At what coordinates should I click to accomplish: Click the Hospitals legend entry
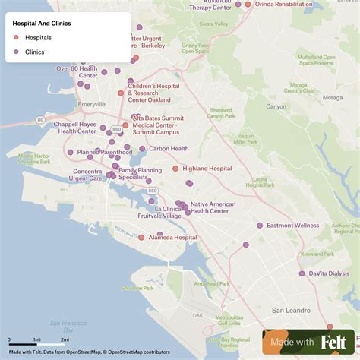pyautogui.click(x=38, y=37)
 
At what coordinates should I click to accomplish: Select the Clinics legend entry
pyautogui.click(x=34, y=52)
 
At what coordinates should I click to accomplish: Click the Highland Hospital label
pyautogui.click(x=207, y=169)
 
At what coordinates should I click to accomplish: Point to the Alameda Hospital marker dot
pyautogui.click(x=141, y=238)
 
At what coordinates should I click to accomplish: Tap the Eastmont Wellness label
pyautogui.click(x=293, y=226)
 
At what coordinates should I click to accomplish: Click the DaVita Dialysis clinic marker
pyautogui.click(x=302, y=273)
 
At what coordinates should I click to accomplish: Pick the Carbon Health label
pyautogui.click(x=169, y=149)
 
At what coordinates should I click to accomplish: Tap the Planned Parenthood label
pyautogui.click(x=105, y=152)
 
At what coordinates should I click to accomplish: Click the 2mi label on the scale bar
pyautogui.click(x=65, y=339)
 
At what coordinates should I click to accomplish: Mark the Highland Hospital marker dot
pyautogui.click(x=175, y=169)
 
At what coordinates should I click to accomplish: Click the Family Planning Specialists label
pyautogui.click(x=140, y=175)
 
